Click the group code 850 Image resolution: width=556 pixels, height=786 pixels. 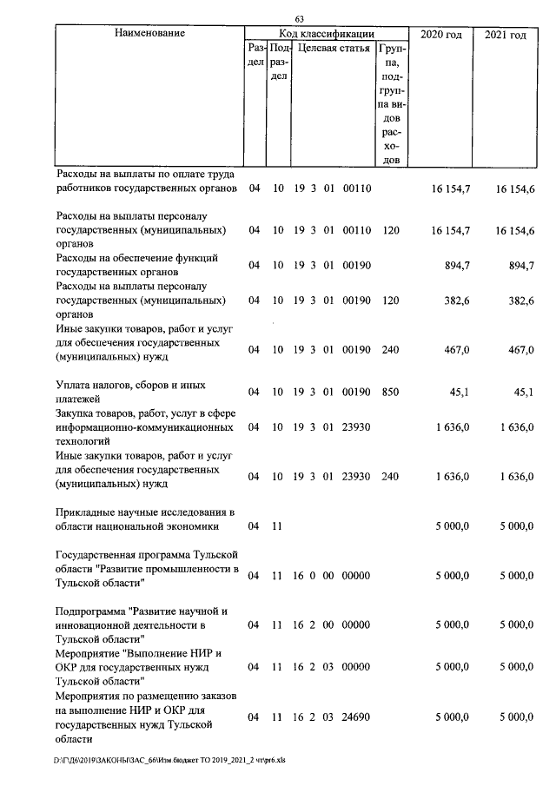point(390,392)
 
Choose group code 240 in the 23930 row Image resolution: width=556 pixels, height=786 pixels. point(390,477)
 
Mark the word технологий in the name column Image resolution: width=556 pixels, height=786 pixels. point(85,441)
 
